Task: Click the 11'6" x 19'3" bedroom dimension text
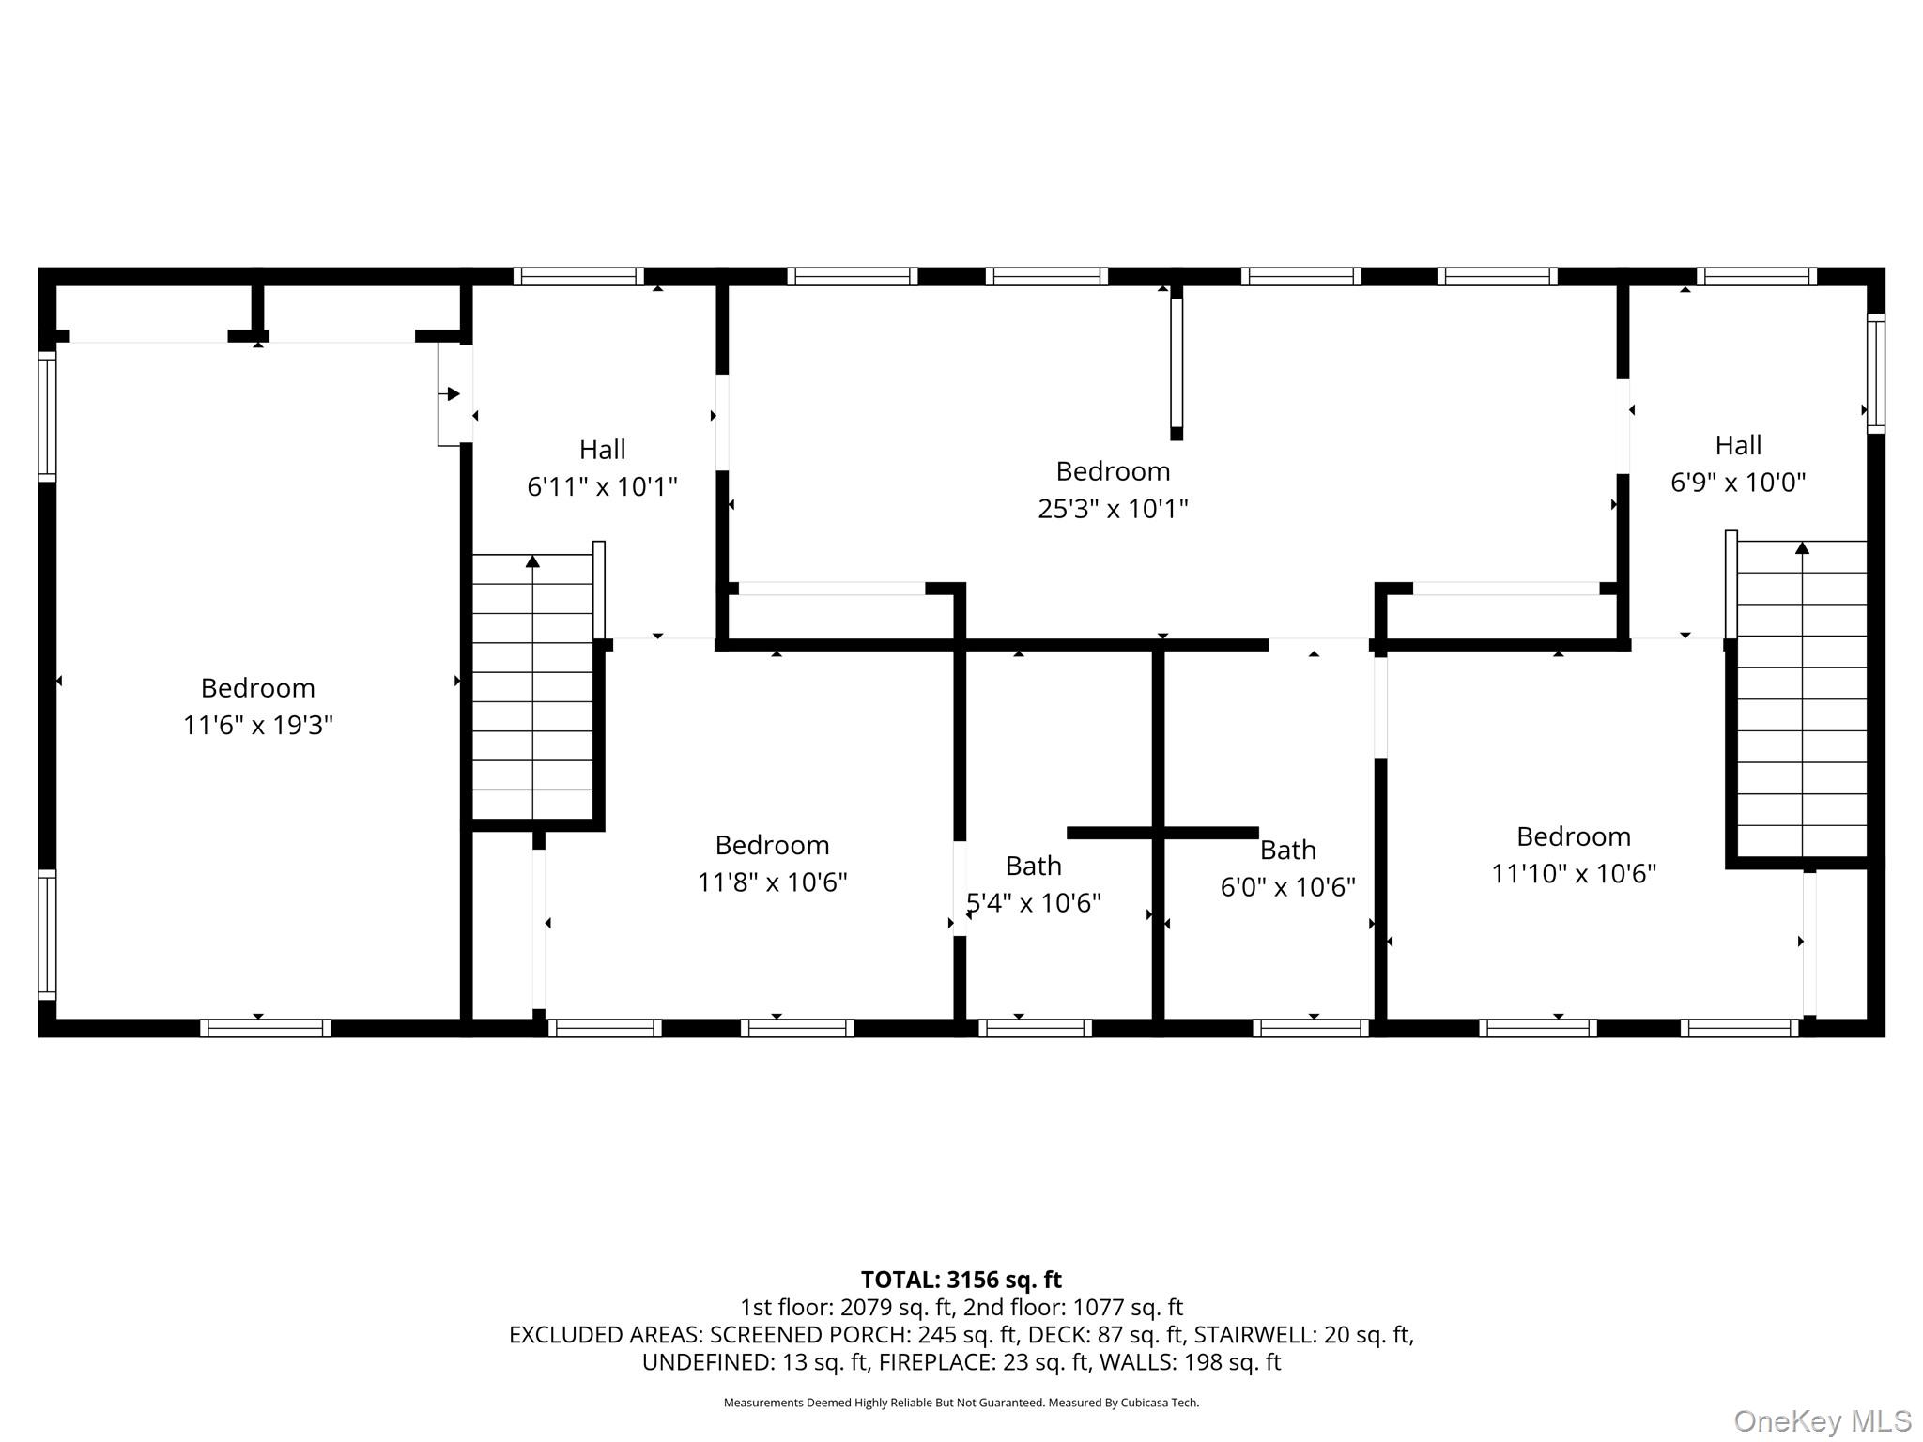click(x=258, y=725)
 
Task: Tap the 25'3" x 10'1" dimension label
click(x=1113, y=508)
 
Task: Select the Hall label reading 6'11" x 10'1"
click(x=602, y=486)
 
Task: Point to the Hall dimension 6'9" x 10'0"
click(x=1738, y=482)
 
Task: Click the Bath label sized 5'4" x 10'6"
click(x=1034, y=902)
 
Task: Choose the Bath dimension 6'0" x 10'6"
click(x=1288, y=886)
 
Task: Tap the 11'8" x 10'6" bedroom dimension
click(x=772, y=882)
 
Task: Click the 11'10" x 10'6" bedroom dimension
click(x=1574, y=873)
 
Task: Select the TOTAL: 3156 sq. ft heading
click(x=961, y=1280)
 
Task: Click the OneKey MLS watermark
click(x=1823, y=1421)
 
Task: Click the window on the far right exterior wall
click(x=1875, y=374)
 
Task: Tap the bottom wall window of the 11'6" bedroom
click(x=265, y=1028)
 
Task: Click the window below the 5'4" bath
click(x=1035, y=1028)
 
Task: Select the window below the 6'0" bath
click(x=1311, y=1028)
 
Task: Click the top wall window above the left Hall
click(x=578, y=276)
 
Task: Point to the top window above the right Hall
click(x=1757, y=276)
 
